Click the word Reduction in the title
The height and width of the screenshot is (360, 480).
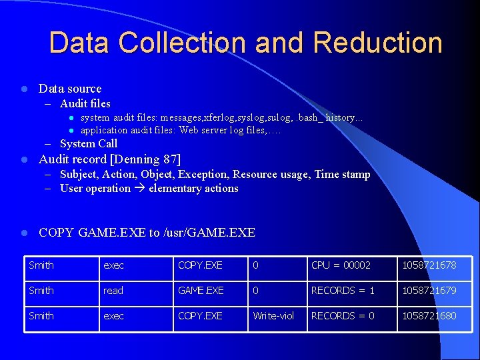pos(377,43)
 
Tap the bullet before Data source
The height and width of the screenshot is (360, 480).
pos(23,89)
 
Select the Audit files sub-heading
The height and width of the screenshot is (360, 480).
pos(85,103)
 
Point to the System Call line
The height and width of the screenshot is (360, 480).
pos(88,143)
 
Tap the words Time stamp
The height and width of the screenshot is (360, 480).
pos(342,174)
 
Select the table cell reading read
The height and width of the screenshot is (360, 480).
pos(113,291)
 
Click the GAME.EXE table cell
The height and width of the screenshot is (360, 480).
pos(201,291)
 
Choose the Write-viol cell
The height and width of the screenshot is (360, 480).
pos(273,315)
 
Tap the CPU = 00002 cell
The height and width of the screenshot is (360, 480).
pos(341,265)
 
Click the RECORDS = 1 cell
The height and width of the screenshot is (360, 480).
pos(343,291)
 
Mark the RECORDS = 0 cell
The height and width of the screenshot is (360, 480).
pos(343,315)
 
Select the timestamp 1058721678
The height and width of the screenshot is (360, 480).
pos(429,265)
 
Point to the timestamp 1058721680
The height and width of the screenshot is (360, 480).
pos(429,315)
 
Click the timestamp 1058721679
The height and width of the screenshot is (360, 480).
pos(429,291)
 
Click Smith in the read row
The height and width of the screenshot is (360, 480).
pos(41,291)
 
